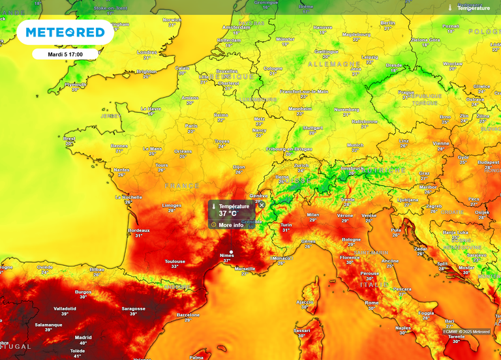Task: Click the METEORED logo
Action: [65, 32]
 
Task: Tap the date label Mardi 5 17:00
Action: [65, 54]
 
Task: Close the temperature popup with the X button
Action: [262, 205]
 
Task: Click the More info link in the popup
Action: [230, 225]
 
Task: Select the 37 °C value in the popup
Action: [228, 213]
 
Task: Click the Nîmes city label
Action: [227, 255]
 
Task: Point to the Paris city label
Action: [190, 126]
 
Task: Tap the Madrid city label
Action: [83, 337]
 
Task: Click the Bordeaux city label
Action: [139, 230]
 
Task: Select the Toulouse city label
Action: [174, 262]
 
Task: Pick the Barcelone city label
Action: [188, 315]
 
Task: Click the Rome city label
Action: [372, 303]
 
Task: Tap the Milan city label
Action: [313, 215]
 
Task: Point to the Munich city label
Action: [355, 145]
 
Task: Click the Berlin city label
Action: [387, 23]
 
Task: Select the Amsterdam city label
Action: [236, 27]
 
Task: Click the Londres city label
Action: [146, 52]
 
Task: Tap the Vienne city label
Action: [441, 143]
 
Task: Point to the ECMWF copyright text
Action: [466, 331]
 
